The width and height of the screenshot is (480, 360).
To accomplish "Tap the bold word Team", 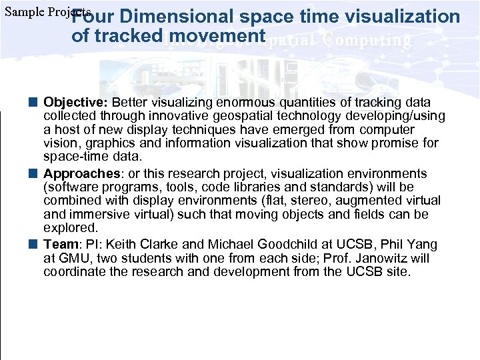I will (57, 245).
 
